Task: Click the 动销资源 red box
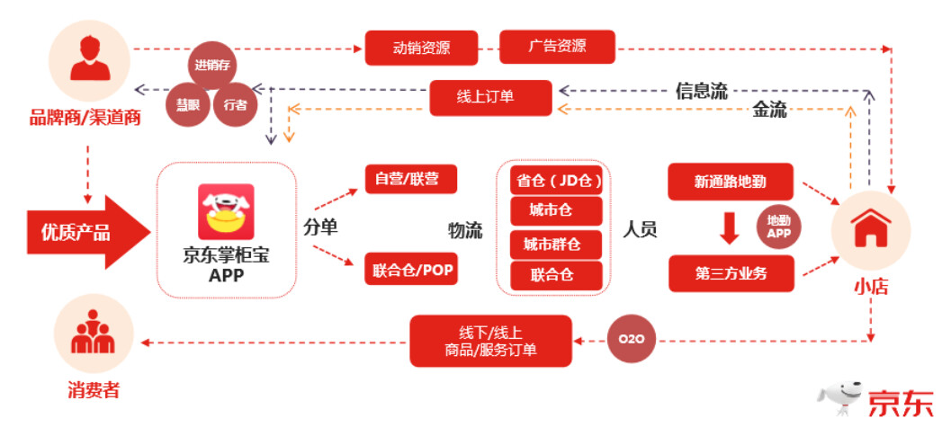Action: pos(420,48)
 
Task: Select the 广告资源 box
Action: pos(557,47)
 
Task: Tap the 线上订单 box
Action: pos(490,97)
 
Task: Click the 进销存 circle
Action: pos(214,65)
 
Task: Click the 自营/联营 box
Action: pos(411,178)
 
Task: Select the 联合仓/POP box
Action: pos(411,268)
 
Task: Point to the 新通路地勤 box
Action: pos(731,182)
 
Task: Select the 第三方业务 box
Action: pos(731,273)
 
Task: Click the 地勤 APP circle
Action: pos(778,227)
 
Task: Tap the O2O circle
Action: pos(631,340)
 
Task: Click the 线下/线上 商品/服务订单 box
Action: pos(490,341)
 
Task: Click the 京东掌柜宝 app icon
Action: pos(226,212)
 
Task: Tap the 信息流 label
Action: pos(701,91)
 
